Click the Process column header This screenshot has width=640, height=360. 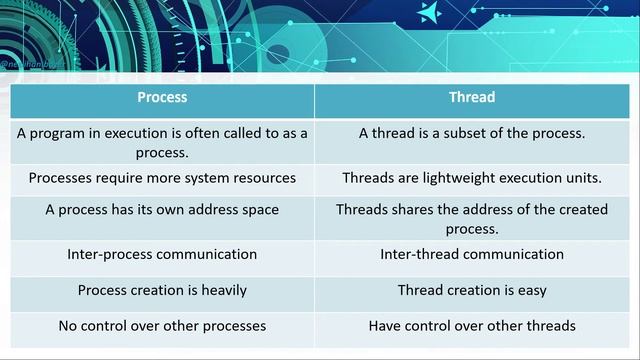(x=162, y=98)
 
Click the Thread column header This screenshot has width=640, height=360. (x=472, y=98)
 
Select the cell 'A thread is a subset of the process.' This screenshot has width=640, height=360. (x=472, y=133)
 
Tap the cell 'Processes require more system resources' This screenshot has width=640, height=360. (x=162, y=178)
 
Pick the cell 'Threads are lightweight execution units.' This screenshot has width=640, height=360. (x=472, y=178)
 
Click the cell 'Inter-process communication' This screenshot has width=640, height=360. (x=162, y=254)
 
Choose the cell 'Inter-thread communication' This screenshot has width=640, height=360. (x=472, y=254)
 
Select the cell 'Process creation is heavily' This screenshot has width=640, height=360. (x=162, y=290)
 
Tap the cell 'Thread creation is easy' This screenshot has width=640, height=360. (x=472, y=290)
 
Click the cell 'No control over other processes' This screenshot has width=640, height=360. (x=162, y=326)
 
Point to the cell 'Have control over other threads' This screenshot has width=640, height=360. (x=472, y=326)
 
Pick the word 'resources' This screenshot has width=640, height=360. (x=262, y=178)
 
